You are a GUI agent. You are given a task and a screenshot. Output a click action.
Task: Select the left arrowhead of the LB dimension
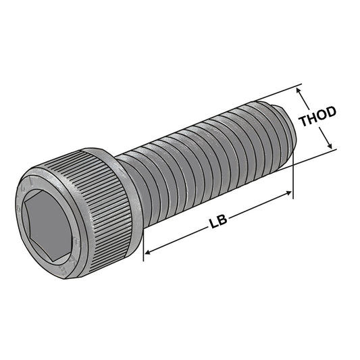[x=149, y=253]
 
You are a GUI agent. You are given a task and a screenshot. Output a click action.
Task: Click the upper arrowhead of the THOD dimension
[x=300, y=89]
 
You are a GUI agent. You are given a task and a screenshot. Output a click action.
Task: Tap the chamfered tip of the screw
[x=284, y=129]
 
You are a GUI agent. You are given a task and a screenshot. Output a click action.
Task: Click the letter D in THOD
[x=332, y=116]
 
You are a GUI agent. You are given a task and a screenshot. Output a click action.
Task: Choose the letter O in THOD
[x=322, y=118]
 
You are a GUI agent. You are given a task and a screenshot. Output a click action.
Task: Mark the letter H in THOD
[x=313, y=120]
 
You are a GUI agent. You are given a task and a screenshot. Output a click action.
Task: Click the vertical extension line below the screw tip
[x=293, y=179]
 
